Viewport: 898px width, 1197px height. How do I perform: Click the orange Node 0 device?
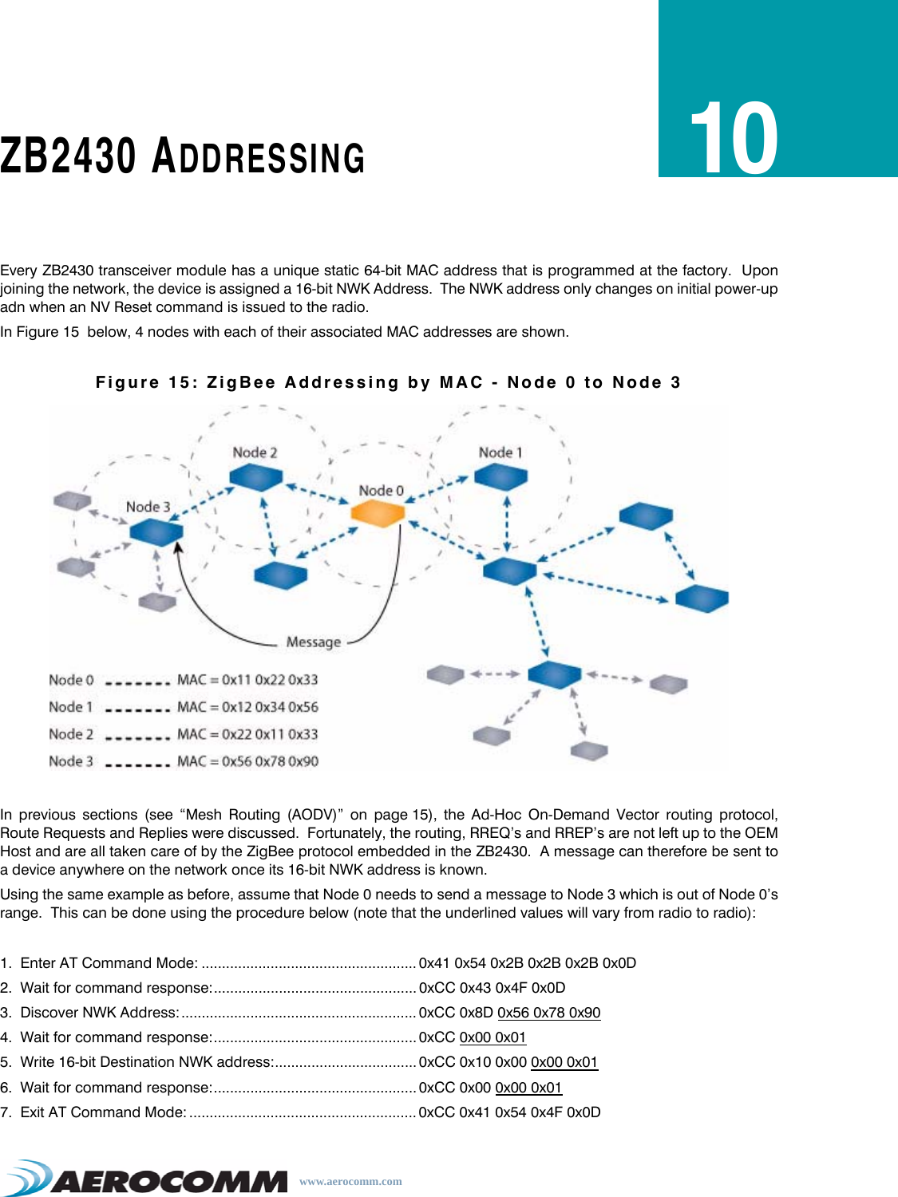click(x=378, y=513)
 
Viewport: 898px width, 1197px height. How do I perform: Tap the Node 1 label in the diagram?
click(x=500, y=452)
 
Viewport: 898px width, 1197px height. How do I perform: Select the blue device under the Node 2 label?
click(x=256, y=477)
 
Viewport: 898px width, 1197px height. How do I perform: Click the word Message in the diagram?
click(x=314, y=642)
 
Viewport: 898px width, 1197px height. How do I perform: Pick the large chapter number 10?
click(x=734, y=139)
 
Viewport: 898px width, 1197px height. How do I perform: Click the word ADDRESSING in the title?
click(x=259, y=157)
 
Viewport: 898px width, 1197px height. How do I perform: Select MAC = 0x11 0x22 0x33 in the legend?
click(x=247, y=680)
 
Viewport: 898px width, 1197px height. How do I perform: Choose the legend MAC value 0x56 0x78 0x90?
click(x=247, y=761)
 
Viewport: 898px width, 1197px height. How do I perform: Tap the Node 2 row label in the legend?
click(x=71, y=734)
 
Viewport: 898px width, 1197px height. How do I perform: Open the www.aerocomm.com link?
click(x=350, y=1182)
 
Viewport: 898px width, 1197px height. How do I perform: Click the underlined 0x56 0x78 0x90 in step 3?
click(x=548, y=1013)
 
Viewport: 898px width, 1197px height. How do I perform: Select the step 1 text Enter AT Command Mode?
click(x=109, y=963)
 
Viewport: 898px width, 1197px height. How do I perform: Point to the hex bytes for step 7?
click(x=509, y=1112)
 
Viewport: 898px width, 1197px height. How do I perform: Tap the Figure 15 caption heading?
click(x=388, y=383)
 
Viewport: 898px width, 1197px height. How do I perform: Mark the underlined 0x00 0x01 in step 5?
click(x=564, y=1062)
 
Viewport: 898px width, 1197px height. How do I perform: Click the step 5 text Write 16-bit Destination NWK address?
click(x=147, y=1062)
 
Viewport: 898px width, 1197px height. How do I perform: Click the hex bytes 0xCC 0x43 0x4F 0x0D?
click(x=492, y=988)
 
